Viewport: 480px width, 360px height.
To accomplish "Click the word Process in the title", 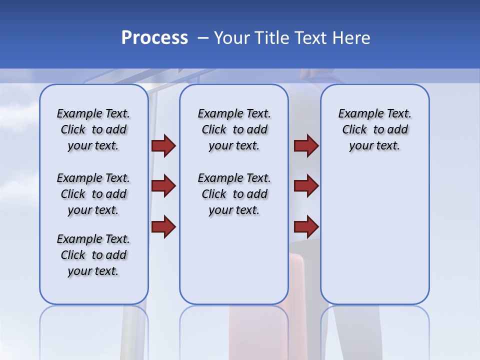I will point(154,38).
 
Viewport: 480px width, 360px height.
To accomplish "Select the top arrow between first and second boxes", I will point(163,145).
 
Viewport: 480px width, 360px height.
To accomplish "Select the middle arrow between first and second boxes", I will point(163,186).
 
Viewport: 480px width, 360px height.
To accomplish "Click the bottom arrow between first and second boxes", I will point(163,227).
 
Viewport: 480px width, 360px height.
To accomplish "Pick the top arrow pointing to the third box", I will point(306,145).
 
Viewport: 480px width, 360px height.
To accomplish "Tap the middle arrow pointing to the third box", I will point(306,186).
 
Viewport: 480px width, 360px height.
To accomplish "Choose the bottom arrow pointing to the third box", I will point(306,227).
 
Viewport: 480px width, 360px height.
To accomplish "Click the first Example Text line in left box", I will point(93,113).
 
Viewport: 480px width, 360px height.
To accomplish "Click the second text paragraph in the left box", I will point(93,194).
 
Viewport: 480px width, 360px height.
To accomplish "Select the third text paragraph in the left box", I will point(93,255).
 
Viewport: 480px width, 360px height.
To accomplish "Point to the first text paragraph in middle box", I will point(234,129).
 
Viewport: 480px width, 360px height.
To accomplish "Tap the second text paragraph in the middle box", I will point(234,194).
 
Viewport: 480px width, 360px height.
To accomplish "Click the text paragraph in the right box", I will point(375,129).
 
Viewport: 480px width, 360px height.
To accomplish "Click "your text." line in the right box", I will point(375,146).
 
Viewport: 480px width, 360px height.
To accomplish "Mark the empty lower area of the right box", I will point(375,240).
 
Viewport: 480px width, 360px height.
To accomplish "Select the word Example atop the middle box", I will point(216,113).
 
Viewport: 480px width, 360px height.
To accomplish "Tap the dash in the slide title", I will point(202,38).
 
